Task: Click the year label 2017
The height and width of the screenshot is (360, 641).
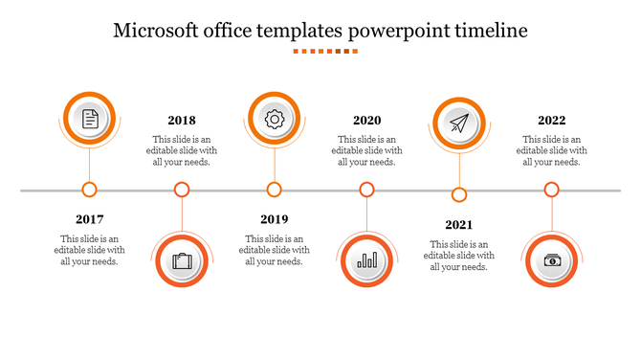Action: coord(90,219)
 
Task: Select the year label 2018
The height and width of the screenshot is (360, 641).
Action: coord(182,121)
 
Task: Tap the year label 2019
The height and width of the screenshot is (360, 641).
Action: coord(275,219)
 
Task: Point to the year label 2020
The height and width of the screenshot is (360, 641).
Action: coord(366,121)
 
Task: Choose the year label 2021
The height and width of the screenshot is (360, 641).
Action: coord(459,225)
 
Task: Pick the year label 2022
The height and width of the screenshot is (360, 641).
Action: coord(551,121)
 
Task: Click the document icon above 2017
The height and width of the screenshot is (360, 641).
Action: coord(90,118)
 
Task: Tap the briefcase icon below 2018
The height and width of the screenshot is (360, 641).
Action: coord(182,260)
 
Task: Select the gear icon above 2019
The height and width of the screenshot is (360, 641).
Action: coord(275,118)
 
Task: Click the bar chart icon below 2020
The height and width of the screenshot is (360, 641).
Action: coord(366,260)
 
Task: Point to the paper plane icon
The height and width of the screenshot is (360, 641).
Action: coord(459,124)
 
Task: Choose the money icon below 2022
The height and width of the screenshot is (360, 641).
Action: coord(552,260)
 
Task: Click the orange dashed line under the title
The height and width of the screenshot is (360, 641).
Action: coord(325,52)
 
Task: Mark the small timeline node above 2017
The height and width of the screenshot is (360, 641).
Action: coord(90,190)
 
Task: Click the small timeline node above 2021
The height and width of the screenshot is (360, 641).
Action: coord(459,195)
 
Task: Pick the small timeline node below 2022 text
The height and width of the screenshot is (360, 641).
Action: coord(551,190)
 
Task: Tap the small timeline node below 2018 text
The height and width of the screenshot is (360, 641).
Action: coord(182,190)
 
